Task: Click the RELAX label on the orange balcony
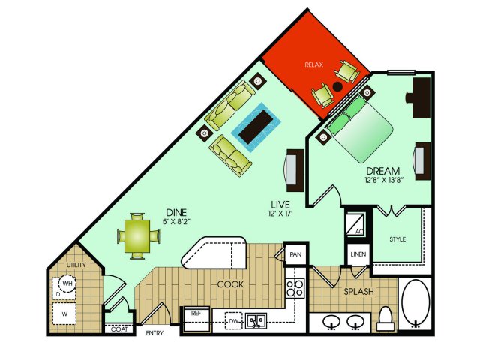coord(314,64)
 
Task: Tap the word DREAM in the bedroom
coord(383,171)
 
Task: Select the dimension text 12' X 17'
coord(280,214)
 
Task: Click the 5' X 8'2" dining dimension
coord(176,222)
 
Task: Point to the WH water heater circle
coord(67,283)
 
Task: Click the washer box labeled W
coord(64,313)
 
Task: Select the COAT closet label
coord(119,329)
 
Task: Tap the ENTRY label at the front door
coord(154,333)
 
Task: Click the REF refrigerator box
coord(196,319)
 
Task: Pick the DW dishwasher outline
coord(233,321)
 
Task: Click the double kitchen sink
coord(256,321)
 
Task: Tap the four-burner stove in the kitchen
coord(295,288)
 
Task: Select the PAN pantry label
coord(295,254)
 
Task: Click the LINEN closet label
coord(358,254)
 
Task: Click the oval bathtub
coord(415,303)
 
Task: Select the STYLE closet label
coord(397,239)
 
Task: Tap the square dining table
coord(137,236)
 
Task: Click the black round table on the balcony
coord(337,87)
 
